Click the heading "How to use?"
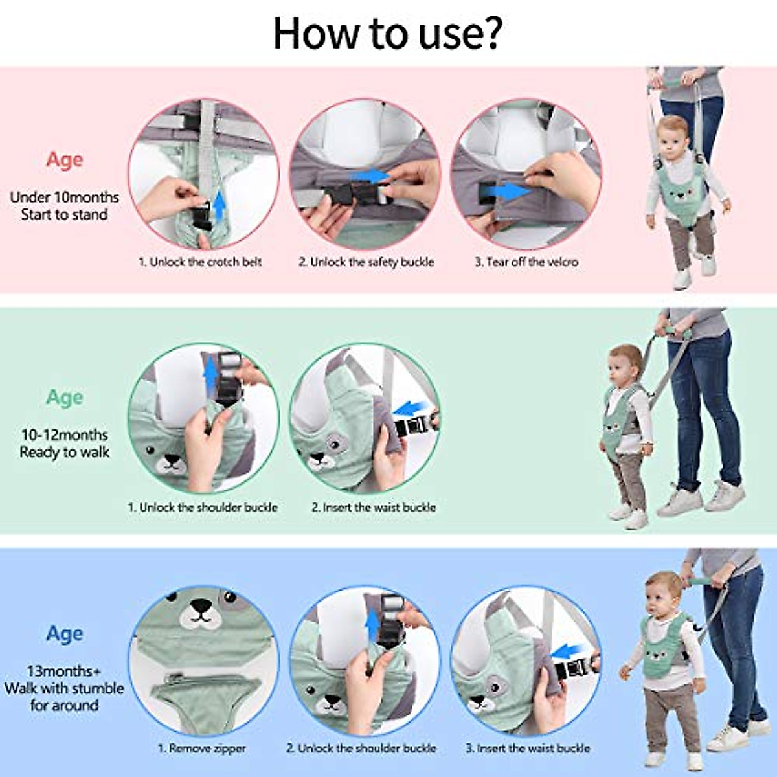tap(387, 32)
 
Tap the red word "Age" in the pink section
tap(64, 160)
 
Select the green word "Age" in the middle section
tap(64, 398)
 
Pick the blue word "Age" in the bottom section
tap(64, 634)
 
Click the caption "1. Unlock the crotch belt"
tap(200, 262)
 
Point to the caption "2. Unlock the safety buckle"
tap(366, 262)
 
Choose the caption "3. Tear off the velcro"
tap(526, 262)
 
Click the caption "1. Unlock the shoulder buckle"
tap(202, 508)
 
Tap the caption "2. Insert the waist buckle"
tap(374, 508)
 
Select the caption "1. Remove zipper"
tap(202, 749)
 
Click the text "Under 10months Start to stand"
tap(64, 206)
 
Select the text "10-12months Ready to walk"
tap(64, 444)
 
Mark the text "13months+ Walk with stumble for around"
tap(64, 688)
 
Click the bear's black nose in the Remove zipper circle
tap(201, 607)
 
